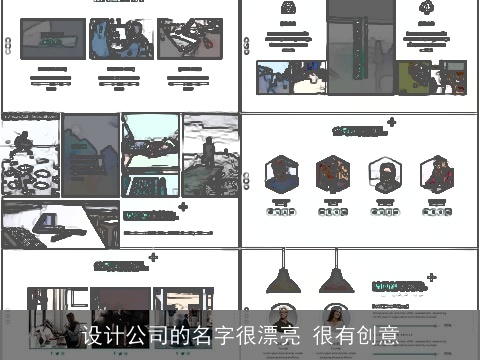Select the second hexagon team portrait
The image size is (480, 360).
332,174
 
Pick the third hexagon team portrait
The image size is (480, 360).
384,174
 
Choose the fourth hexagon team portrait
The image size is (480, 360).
436,174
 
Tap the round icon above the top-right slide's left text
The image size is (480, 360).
289,8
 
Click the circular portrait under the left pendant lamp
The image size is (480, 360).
283,315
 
